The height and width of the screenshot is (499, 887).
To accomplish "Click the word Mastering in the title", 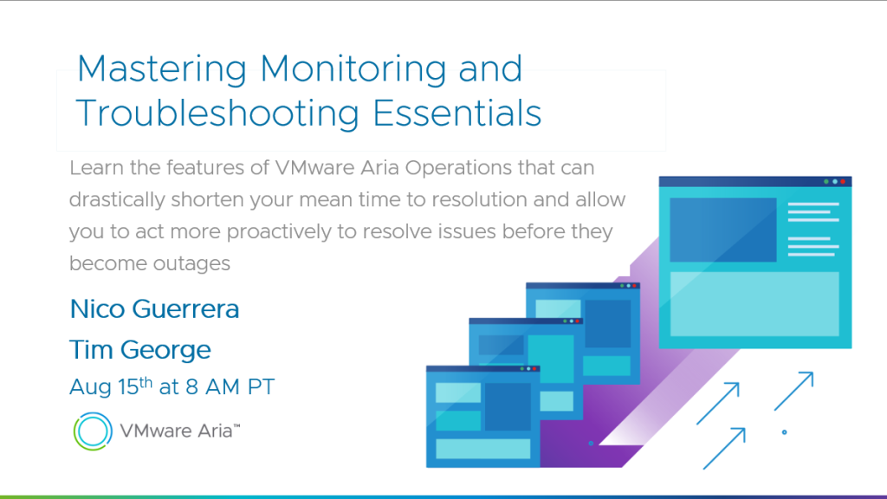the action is point(162,69).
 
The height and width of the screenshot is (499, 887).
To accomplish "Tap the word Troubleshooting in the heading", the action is point(217,113).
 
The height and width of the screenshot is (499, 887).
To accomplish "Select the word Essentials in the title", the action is point(457,113).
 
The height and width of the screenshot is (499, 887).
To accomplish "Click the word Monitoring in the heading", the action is point(353,69).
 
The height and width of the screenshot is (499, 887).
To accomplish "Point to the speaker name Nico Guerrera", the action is point(154,309).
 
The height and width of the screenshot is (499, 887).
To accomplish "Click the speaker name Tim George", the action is point(139,350).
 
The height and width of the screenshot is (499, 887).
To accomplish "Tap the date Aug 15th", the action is point(111,386).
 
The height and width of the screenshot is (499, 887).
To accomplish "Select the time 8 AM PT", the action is point(230,387).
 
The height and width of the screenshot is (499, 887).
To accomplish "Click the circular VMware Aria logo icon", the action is point(93,431).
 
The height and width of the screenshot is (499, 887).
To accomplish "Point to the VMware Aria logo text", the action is point(180,431).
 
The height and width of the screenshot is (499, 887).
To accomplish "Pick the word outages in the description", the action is point(191,263).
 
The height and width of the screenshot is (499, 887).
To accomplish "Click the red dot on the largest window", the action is point(843,182).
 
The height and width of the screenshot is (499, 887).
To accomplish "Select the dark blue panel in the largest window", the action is point(723,230).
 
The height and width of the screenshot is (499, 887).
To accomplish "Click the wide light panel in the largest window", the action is point(754,304).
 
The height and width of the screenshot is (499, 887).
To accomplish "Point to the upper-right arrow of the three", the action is point(793,391).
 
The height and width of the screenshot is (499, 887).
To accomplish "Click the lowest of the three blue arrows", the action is point(724,449).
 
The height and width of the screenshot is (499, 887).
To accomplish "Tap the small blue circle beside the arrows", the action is point(784,432).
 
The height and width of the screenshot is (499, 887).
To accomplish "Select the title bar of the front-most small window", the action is point(483,369).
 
